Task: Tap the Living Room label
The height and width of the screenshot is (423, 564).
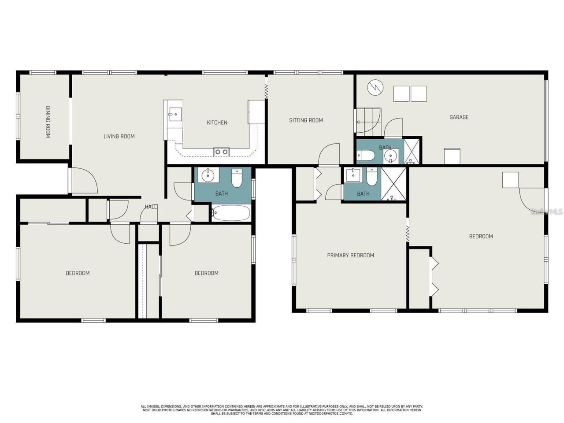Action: tap(119, 137)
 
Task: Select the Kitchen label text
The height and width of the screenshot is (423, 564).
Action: tap(217, 122)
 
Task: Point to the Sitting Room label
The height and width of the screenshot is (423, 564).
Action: tap(306, 120)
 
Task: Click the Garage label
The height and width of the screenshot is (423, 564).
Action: tap(459, 117)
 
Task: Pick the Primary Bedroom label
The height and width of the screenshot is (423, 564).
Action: tap(350, 255)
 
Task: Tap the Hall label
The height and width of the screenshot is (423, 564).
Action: tap(151, 207)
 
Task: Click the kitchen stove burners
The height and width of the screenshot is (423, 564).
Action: tap(221, 152)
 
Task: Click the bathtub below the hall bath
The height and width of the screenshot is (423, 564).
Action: tap(230, 213)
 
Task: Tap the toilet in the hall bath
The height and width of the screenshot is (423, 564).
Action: tap(237, 178)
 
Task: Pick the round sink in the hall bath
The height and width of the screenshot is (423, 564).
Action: tap(207, 176)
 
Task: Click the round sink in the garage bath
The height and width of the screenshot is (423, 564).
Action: tap(390, 156)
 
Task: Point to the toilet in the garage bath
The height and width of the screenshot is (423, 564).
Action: tap(366, 156)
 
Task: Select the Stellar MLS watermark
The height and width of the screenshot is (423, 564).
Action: tap(546, 212)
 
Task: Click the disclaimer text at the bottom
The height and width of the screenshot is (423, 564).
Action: tap(282, 410)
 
